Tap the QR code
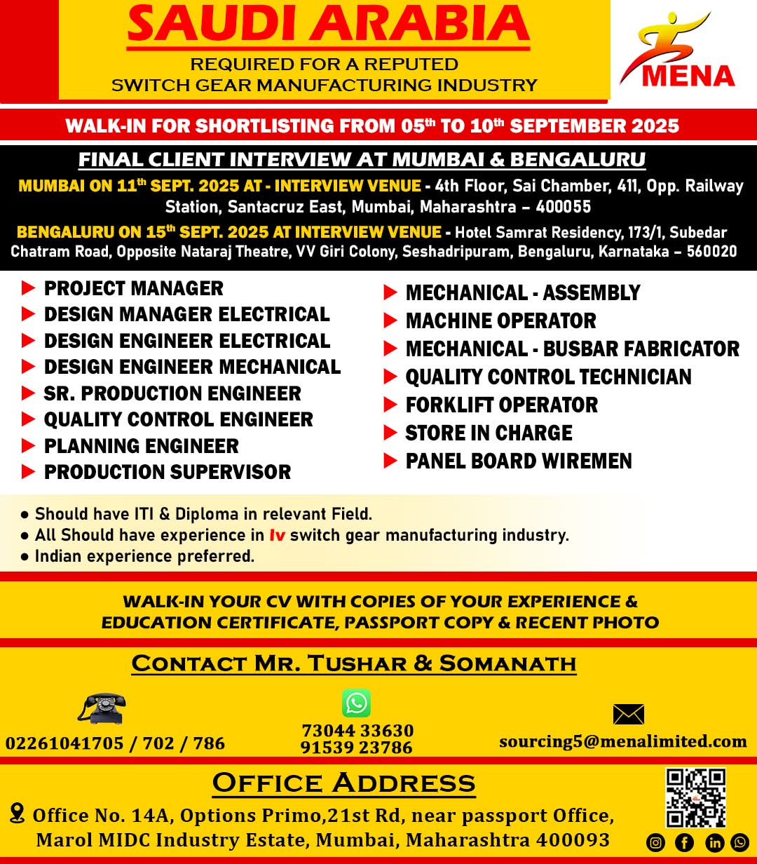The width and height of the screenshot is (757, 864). [695, 797]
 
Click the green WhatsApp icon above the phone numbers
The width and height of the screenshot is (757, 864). [356, 703]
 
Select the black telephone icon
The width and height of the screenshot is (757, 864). [102, 708]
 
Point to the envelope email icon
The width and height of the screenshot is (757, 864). [628, 714]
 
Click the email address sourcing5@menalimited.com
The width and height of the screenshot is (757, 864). [622, 741]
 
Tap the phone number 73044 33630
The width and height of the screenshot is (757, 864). [357, 731]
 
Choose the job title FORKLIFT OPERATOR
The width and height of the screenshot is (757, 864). [501, 405]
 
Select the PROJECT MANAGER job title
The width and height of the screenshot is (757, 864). [133, 288]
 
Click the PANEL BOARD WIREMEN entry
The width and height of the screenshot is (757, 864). [519, 461]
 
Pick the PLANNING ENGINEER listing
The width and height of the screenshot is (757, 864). [141, 446]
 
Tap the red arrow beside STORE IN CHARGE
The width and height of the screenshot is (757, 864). [390, 433]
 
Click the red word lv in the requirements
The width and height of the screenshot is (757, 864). [277, 535]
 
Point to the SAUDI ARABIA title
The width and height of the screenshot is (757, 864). [328, 24]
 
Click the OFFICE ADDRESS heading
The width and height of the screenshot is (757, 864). [343, 783]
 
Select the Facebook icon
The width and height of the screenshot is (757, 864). [684, 842]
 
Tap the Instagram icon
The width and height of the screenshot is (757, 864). [655, 842]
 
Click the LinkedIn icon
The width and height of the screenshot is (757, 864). [714, 842]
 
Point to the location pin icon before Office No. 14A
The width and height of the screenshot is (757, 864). [18, 814]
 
